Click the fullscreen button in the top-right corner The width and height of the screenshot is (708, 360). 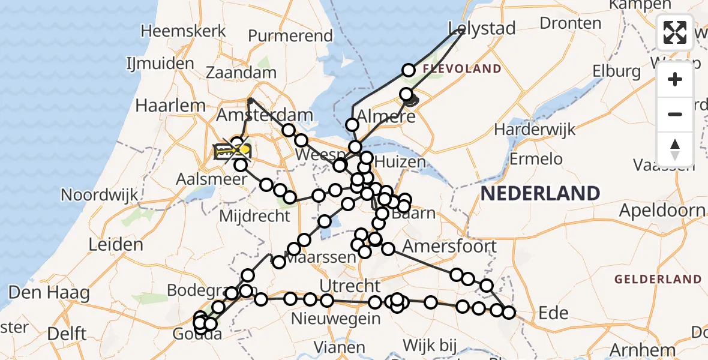[x=675, y=32]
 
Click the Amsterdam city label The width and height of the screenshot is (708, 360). [x=265, y=115]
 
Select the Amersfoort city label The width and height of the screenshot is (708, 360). [x=449, y=246]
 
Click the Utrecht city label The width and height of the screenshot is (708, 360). [x=350, y=286]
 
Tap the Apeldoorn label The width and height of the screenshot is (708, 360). [x=662, y=211]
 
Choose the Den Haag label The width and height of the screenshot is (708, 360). [x=49, y=293]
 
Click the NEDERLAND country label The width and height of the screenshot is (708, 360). [x=540, y=193]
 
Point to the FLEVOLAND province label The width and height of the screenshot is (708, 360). [x=461, y=69]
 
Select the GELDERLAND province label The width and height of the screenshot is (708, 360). [x=658, y=279]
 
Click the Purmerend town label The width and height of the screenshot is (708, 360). [x=290, y=36]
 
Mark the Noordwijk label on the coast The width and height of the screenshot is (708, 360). [x=100, y=194]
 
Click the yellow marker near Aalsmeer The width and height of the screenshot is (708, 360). [x=245, y=148]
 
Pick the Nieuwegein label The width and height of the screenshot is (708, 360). [x=335, y=319]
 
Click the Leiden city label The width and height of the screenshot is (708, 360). [x=116, y=244]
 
